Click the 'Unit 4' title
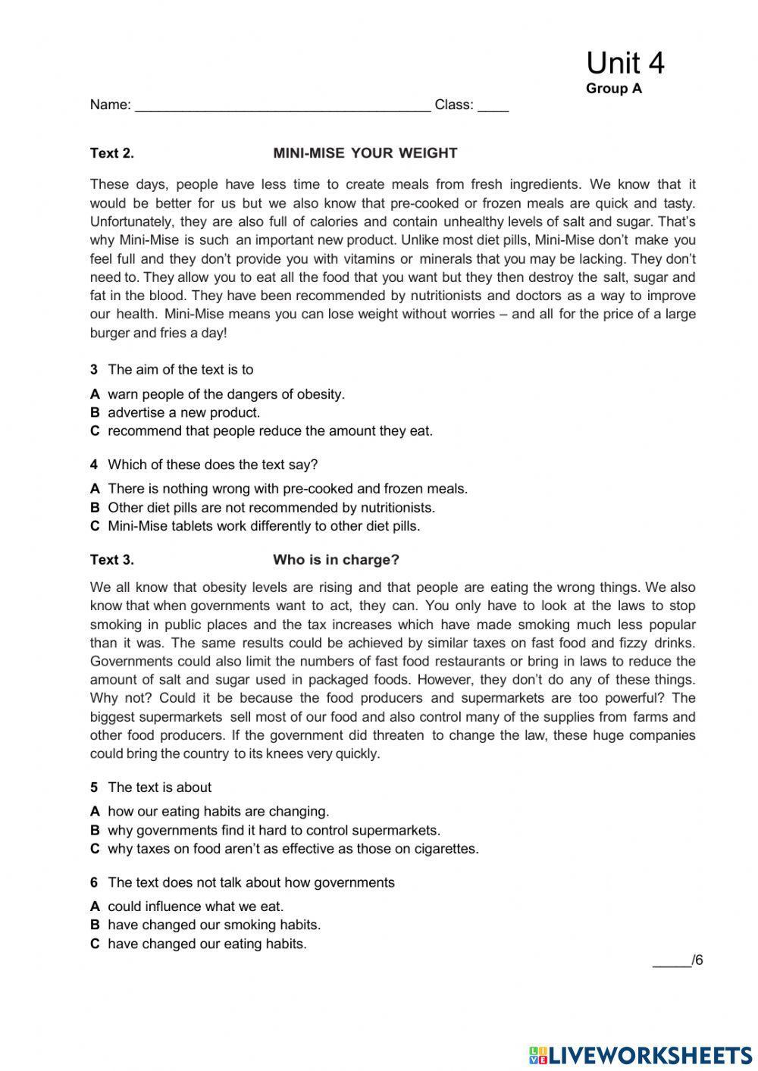(x=625, y=63)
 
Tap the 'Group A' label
(x=613, y=89)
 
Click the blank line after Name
(x=282, y=106)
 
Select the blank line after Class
(x=493, y=106)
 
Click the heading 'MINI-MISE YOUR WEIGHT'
(x=365, y=153)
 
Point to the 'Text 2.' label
(x=111, y=153)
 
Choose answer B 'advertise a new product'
(x=183, y=412)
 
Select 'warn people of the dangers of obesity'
(x=226, y=394)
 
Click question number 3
(x=94, y=370)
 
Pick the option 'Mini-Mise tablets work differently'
(x=263, y=526)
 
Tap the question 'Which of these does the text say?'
(x=212, y=465)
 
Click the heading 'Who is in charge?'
(x=336, y=560)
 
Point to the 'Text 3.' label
(x=111, y=560)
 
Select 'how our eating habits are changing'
(x=218, y=811)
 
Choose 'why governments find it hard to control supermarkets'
(x=274, y=830)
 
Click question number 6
(x=94, y=882)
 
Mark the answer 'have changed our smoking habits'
(x=214, y=925)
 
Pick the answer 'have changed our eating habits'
(x=207, y=944)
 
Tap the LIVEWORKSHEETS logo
(x=641, y=1054)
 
